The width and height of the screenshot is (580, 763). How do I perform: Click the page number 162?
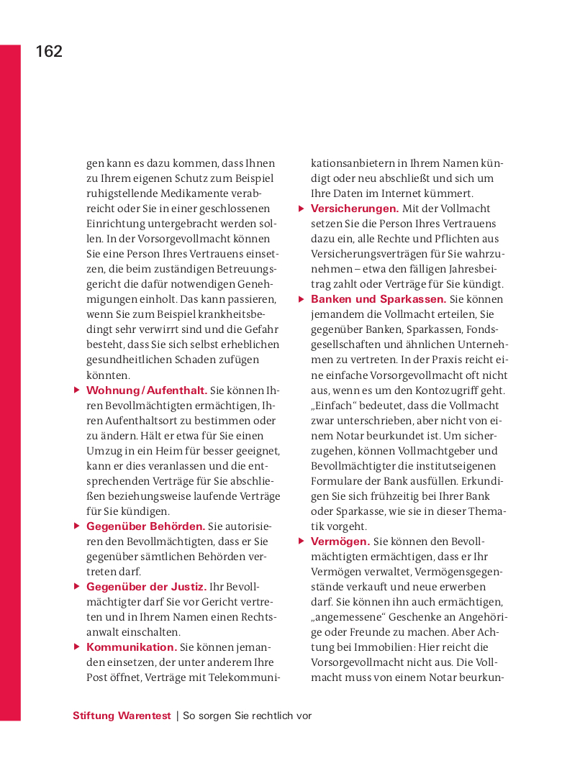(x=49, y=52)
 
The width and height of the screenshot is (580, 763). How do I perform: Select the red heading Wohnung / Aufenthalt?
(x=147, y=390)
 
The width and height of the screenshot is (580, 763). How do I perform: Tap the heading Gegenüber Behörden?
(x=145, y=526)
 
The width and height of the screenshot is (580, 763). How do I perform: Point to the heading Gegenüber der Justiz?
(x=146, y=587)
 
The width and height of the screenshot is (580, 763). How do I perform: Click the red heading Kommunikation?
(x=131, y=647)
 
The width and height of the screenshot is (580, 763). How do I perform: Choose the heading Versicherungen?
(x=355, y=209)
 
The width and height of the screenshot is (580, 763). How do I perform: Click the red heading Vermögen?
(x=340, y=542)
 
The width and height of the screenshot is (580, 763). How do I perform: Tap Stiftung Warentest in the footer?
(x=122, y=716)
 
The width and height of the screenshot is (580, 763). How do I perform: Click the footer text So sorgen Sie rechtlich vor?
(x=248, y=716)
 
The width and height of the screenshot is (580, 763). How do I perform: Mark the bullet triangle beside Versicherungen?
(x=302, y=209)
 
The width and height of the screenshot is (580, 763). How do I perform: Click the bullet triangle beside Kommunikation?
(x=77, y=647)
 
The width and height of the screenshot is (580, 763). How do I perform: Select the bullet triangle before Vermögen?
(x=302, y=542)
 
